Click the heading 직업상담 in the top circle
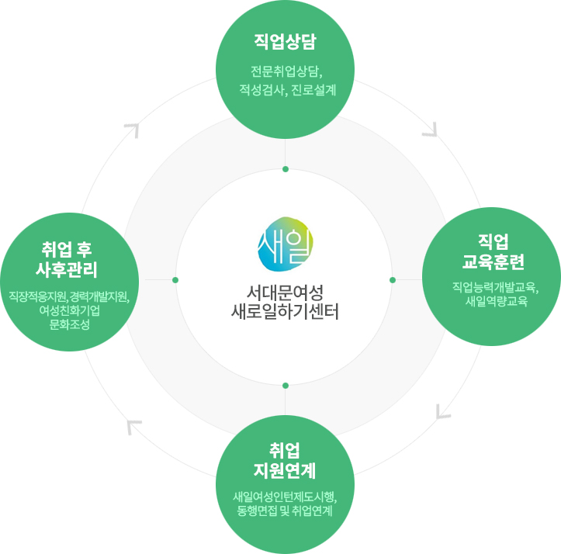(286, 40)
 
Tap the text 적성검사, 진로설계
(286, 91)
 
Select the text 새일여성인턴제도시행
(285, 497)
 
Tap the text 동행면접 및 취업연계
(285, 511)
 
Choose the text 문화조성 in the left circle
(69, 324)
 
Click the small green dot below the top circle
(286, 169)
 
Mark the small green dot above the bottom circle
(286, 385)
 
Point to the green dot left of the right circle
(393, 279)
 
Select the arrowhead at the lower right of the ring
(443, 410)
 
